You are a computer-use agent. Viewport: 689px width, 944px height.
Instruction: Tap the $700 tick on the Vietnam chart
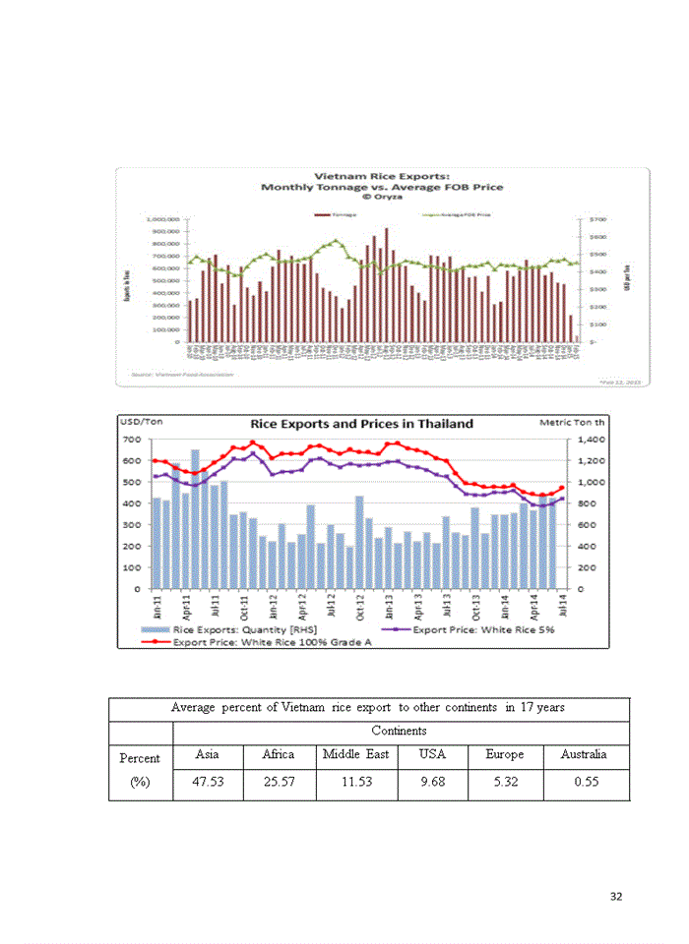(597, 219)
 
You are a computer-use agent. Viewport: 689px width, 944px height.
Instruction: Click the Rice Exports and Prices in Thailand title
(361, 424)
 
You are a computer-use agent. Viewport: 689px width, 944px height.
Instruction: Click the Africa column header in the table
(278, 755)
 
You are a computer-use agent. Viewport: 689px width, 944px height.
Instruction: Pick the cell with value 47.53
(208, 785)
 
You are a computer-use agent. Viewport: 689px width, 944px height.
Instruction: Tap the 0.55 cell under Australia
(586, 785)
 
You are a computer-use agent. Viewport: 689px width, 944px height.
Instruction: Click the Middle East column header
(355, 755)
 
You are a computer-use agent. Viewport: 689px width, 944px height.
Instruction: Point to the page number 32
(616, 896)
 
